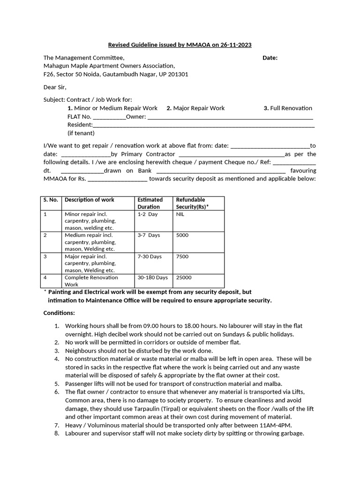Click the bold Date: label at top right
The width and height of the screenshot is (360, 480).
coord(270,58)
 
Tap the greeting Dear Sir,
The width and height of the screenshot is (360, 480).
coord(55,87)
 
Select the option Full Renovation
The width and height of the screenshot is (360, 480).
coord(291,108)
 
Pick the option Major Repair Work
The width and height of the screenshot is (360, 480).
coord(199,108)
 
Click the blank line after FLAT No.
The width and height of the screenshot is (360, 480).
coord(109,117)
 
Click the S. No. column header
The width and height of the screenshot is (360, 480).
coord(51,200)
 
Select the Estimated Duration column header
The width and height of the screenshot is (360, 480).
coord(150,203)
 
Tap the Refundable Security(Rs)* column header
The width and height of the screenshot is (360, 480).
coord(192,203)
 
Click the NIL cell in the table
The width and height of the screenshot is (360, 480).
coord(180,214)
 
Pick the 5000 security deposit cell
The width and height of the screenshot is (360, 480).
coord(182,235)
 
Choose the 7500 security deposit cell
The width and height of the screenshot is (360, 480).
coord(182,256)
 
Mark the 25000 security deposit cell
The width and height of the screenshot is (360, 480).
coord(184,277)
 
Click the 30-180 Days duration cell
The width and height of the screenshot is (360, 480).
coord(152,277)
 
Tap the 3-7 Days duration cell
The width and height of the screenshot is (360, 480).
coord(149,235)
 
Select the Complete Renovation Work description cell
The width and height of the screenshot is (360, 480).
coord(91,281)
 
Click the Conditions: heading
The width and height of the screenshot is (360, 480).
coord(59,313)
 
